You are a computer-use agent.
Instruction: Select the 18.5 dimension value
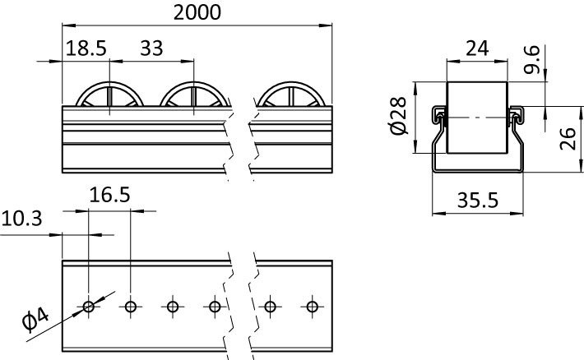[x=86, y=48]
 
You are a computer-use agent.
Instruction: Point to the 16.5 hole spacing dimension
[x=109, y=196]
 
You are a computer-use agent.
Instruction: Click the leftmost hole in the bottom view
[x=88, y=307]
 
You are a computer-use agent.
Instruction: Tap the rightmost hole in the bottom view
[x=312, y=307]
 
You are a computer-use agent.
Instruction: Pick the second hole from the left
[x=130, y=307]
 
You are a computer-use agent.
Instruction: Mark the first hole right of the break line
[x=270, y=307]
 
